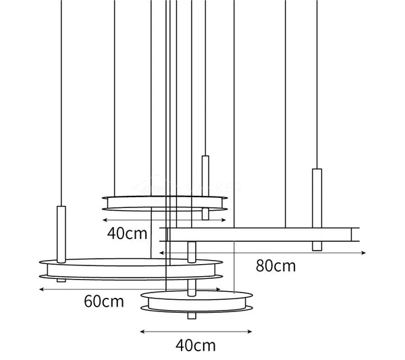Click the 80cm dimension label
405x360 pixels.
click(275, 266)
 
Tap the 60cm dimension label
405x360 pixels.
click(104, 301)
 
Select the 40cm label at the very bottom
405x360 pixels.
click(196, 346)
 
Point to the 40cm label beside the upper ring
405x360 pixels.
click(127, 234)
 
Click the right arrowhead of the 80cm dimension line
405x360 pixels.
click(364, 253)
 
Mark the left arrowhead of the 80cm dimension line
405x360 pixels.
click(162, 253)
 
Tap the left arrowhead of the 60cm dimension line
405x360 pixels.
click(42, 290)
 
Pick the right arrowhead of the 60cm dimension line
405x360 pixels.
click(219, 290)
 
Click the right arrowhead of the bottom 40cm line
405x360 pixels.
click(250, 332)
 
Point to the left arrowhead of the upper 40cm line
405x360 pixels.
click(105, 220)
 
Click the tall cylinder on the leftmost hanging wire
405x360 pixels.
click(61, 234)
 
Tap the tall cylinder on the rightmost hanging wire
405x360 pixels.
click(317, 198)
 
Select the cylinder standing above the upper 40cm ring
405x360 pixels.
click(205, 176)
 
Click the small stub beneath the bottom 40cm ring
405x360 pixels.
click(192, 315)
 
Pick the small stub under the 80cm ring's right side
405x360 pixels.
click(317, 246)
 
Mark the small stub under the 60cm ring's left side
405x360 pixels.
click(61, 280)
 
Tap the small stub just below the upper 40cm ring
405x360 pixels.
click(205, 214)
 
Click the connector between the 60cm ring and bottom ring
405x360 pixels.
click(192, 288)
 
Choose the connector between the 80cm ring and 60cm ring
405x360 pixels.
click(192, 252)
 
